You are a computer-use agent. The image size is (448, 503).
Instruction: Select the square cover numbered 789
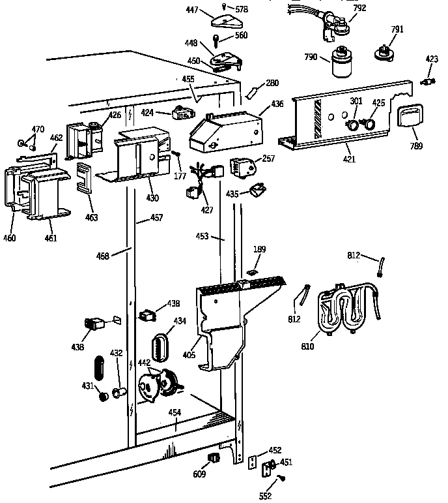tap(409, 119)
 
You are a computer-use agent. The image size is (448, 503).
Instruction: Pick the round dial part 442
tap(159, 386)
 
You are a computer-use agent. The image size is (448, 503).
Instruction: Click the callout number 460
tap(10, 237)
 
